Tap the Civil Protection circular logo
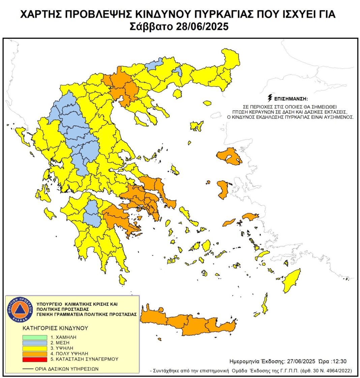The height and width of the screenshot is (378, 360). tap(21, 309)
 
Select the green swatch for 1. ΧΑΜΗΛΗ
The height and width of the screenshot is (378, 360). tap(35, 337)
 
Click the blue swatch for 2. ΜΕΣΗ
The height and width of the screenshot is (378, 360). tap(35, 343)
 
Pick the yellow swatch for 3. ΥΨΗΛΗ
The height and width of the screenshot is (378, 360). tap(35, 348)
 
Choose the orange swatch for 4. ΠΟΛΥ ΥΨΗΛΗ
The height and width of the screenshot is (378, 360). tap(35, 353)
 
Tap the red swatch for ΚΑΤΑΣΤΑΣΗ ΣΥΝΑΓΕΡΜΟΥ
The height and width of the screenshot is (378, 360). tap(35, 359)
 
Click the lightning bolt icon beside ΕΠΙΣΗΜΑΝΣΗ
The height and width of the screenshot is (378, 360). tap(269, 99)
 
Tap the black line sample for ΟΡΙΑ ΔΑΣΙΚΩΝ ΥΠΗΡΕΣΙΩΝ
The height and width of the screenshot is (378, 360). tap(28, 369)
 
